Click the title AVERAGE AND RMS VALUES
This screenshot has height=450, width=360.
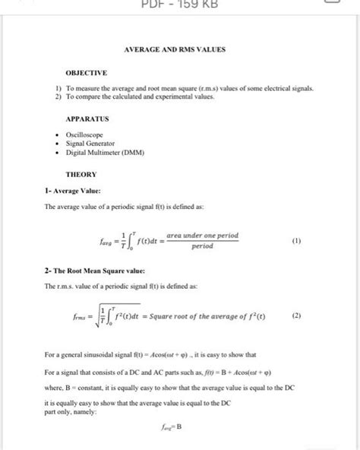pyautogui.click(x=180, y=50)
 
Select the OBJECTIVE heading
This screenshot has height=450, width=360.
pyautogui.click(x=87, y=74)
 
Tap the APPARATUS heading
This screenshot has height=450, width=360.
pyautogui.click(x=88, y=119)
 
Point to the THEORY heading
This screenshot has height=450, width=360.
pyautogui.click(x=81, y=174)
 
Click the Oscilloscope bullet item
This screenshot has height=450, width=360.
pyautogui.click(x=84, y=135)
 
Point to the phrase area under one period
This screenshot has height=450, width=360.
pyautogui.click(x=202, y=236)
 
